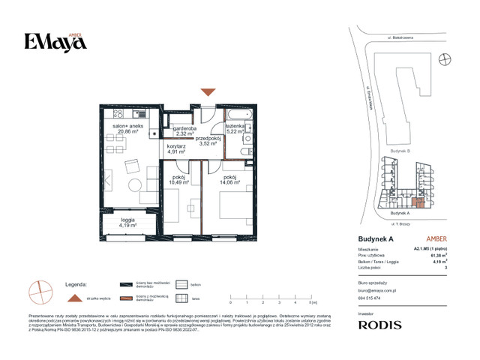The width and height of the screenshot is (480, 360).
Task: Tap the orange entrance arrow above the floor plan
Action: [x=208, y=92]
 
